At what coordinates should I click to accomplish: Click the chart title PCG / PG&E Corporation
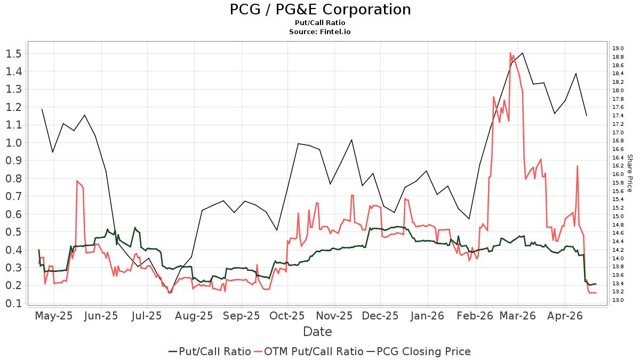[320, 10]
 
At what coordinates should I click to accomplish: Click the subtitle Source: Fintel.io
[320, 31]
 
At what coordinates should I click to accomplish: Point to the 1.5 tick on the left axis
[14, 53]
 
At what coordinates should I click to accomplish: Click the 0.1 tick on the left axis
[14, 303]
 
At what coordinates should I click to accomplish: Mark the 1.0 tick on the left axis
[14, 142]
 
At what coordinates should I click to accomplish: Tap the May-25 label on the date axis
[53, 316]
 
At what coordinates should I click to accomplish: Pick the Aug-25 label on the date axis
[194, 316]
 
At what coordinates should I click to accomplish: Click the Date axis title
[317, 332]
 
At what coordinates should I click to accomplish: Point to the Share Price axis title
[629, 173]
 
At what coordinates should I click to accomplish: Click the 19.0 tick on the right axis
[618, 49]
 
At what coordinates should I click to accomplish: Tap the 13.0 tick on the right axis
[618, 300]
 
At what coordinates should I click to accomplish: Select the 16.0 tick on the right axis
[618, 174]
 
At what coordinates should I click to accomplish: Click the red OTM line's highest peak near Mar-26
[510, 53]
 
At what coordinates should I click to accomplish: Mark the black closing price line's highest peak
[523, 53]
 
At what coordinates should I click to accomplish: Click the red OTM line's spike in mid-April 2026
[578, 166]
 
